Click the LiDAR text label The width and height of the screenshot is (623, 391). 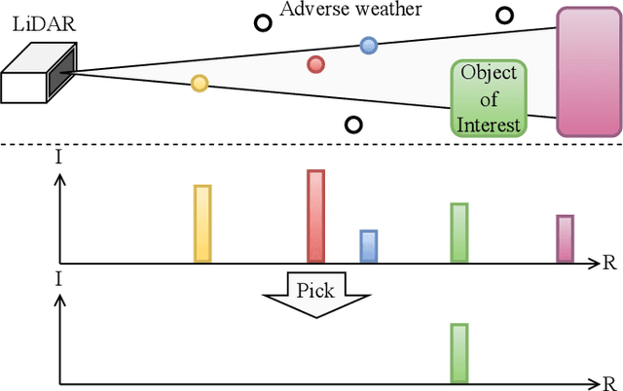tap(28, 20)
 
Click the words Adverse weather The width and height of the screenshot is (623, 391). tap(351, 11)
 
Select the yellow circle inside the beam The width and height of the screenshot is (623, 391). tap(199, 83)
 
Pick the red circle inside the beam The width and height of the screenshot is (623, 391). tap(315, 64)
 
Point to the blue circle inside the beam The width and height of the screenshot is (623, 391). tap(368, 45)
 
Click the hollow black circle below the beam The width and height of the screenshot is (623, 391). tap(354, 124)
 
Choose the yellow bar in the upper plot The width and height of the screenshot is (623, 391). tap(202, 224)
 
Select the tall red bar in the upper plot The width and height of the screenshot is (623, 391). tap(315, 216)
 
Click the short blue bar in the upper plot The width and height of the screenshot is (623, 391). tap(368, 246)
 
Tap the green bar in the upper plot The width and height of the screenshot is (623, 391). tap(459, 232)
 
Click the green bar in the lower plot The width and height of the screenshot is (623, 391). tap(459, 352)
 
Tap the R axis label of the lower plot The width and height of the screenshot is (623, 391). tap(610, 380)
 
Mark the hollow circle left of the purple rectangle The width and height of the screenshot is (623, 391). tap(504, 15)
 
